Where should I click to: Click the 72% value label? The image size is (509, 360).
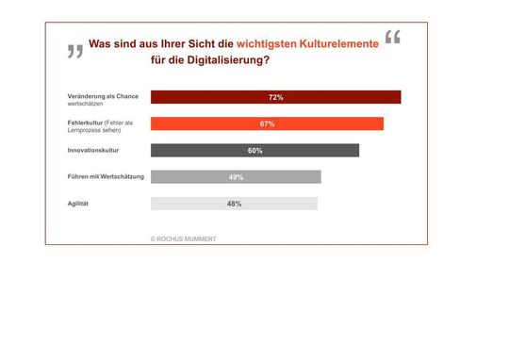(276, 97)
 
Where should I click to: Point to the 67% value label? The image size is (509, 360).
(267, 123)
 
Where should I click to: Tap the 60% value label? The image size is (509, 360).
(254, 150)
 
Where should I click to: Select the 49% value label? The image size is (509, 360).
(236, 176)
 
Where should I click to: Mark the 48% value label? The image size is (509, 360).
(234, 203)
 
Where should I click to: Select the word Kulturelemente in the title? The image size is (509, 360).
(335, 43)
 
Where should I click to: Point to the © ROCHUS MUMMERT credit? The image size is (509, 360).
(183, 238)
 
